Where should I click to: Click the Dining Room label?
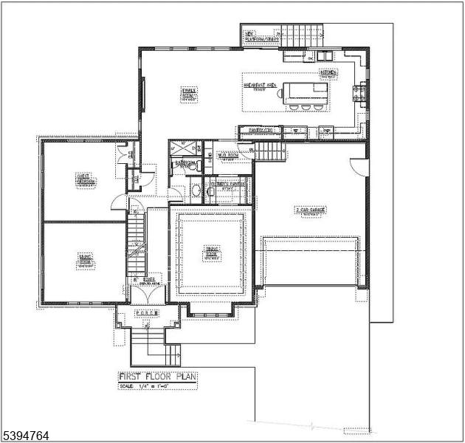pos(212,254)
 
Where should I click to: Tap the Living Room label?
pos(86,259)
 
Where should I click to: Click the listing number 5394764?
pos(26,436)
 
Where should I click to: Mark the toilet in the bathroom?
pos(195,190)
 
